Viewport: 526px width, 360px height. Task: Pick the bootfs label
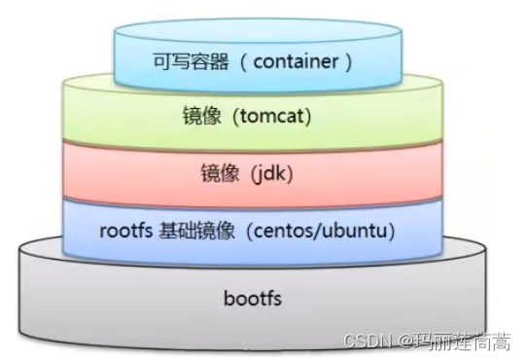(x=252, y=298)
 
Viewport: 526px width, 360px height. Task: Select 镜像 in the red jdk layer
(x=214, y=175)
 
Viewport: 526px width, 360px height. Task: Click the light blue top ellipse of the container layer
(x=259, y=34)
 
